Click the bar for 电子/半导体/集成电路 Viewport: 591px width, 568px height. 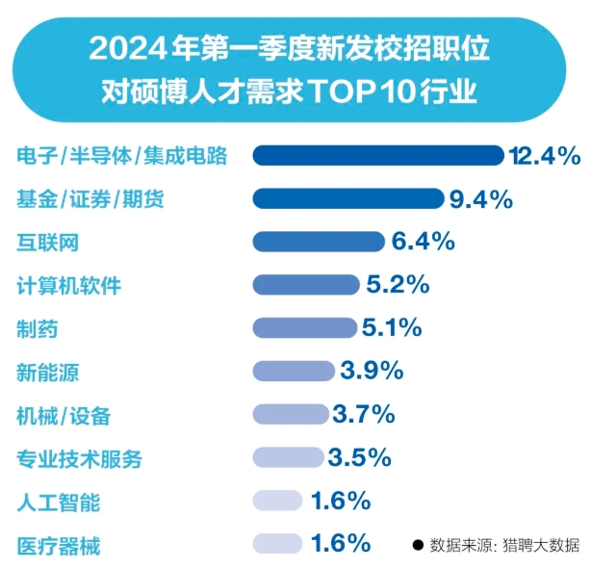point(377,155)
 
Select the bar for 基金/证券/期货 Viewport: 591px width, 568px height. point(348,198)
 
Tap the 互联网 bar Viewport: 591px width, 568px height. point(319,242)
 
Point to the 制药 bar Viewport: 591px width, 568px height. point(305,327)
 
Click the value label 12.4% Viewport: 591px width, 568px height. point(546,155)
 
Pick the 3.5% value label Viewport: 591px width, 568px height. point(359,457)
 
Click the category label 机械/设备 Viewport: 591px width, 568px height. point(64,416)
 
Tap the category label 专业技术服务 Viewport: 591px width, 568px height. point(79,459)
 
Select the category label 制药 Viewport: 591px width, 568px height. point(38,329)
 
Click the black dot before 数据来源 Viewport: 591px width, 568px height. point(418,545)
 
